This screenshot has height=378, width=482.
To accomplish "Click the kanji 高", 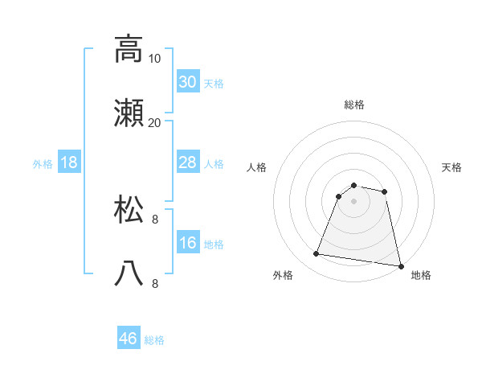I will (x=129, y=49).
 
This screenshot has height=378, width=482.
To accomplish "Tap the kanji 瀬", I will (x=129, y=115).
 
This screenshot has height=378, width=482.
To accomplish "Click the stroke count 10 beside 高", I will (x=155, y=58).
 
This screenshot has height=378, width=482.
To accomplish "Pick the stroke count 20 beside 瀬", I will (x=154, y=123).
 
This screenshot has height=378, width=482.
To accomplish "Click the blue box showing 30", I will (x=188, y=82).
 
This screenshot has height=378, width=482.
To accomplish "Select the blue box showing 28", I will (x=188, y=162).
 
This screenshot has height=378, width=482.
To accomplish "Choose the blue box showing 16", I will (x=188, y=243).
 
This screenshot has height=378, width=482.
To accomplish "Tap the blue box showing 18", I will (x=69, y=162).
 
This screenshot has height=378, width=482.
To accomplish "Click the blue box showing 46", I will (x=129, y=339).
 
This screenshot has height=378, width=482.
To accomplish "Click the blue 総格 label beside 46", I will (x=154, y=340).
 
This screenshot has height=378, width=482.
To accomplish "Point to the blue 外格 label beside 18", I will (x=43, y=163).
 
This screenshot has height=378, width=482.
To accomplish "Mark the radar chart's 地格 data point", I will (x=400, y=265).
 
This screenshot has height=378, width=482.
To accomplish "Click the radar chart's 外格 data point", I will (x=317, y=254).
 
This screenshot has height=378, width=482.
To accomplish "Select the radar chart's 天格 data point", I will (x=385, y=191).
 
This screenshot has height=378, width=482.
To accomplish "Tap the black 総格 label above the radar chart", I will (x=353, y=105).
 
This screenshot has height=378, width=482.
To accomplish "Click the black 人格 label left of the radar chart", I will (x=256, y=167).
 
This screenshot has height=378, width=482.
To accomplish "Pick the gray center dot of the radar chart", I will (x=353, y=201).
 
